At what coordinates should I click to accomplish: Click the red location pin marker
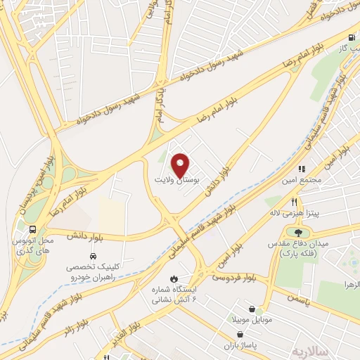(181, 165)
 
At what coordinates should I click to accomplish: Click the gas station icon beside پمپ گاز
(350, 38)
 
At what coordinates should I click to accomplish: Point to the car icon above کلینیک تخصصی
(94, 256)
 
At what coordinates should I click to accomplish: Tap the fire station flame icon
(174, 277)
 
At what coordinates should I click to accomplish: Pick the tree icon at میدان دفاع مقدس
(299, 233)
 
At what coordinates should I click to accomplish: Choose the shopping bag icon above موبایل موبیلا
(252, 309)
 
